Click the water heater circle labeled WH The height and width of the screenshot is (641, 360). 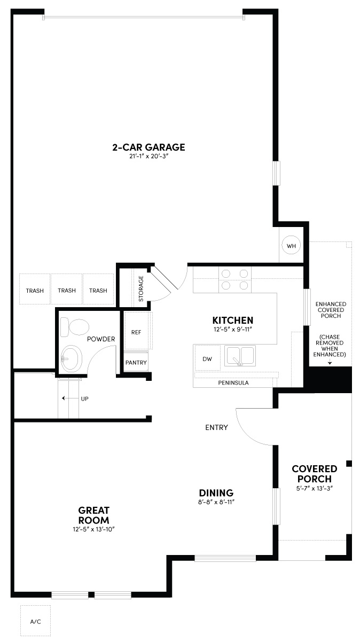[291, 246]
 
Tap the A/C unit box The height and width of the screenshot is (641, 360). [35, 621]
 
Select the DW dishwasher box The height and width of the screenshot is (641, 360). [207, 358]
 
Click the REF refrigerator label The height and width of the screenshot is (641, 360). [136, 332]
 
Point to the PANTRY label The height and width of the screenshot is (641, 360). [136, 362]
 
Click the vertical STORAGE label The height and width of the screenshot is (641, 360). [141, 289]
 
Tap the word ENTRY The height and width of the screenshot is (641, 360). [217, 427]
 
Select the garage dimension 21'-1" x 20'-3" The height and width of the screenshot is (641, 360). [148, 157]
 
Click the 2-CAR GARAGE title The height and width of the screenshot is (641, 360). [148, 147]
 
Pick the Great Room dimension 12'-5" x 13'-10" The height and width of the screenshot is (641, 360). [94, 529]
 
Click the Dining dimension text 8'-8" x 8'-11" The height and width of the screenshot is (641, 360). [216, 502]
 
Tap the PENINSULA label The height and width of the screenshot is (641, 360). [233, 383]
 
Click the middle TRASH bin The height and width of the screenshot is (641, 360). [67, 291]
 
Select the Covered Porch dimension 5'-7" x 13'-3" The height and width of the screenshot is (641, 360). [314, 488]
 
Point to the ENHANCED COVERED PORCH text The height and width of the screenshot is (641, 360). [331, 310]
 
